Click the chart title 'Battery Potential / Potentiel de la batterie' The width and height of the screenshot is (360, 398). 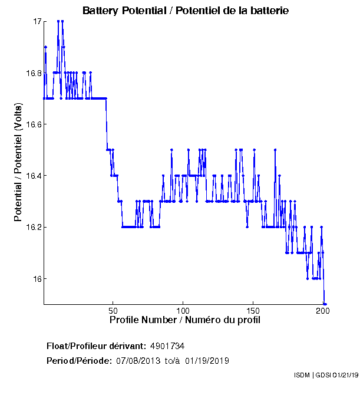[x=186, y=11]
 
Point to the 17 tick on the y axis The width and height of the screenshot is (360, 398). [x=37, y=22]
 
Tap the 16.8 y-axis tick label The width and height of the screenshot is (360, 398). [x=33, y=73]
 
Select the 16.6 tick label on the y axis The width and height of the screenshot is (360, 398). [x=33, y=124]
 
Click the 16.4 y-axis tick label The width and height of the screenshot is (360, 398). [x=33, y=176]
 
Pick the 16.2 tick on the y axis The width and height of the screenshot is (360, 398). [x=33, y=227]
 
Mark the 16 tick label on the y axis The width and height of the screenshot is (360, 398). [x=37, y=278]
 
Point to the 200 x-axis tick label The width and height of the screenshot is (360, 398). [x=322, y=310]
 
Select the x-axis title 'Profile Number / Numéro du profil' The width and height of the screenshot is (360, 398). [x=184, y=320]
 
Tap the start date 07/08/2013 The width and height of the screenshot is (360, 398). [x=136, y=360]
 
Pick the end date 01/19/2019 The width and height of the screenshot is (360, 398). [x=207, y=360]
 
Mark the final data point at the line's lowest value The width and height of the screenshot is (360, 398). [x=325, y=304]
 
